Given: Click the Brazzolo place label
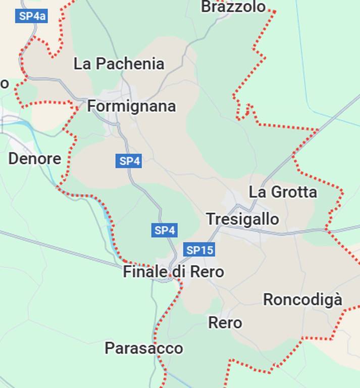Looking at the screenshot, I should (233, 7).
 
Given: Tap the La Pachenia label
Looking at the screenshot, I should (119, 64).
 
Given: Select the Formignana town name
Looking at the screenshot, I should (132, 106).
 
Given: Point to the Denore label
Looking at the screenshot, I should (35, 159).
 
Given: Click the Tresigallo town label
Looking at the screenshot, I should (242, 219).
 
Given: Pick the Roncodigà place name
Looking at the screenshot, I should (302, 300).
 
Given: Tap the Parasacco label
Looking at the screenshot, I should (144, 348).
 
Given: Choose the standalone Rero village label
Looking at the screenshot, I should (225, 322).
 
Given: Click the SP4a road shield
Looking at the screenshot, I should (32, 16).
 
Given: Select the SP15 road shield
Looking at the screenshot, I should (200, 250).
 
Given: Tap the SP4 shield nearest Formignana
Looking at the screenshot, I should (129, 161).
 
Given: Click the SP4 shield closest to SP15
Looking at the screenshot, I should (165, 230).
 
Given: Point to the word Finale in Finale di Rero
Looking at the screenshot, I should (145, 272).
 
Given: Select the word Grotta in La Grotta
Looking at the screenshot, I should (294, 192).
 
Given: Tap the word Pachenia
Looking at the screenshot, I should (130, 64).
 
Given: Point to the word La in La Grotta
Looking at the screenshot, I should (258, 192).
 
